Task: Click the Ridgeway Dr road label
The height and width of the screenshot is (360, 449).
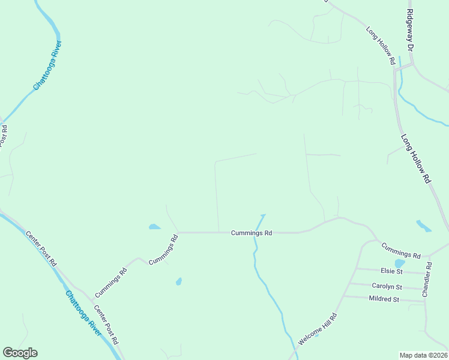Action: pyautogui.click(x=411, y=30)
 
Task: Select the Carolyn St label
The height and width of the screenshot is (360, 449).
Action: pyautogui.click(x=387, y=287)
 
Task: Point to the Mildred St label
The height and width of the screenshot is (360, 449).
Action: pyautogui.click(x=384, y=299)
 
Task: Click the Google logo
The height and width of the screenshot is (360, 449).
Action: pyautogui.click(x=20, y=353)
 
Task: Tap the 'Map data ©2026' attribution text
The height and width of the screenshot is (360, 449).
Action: pyautogui.click(x=424, y=355)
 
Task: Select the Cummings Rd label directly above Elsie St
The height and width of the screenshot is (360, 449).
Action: pyautogui.click(x=401, y=251)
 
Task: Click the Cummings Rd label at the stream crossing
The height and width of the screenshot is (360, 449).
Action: pyautogui.click(x=252, y=233)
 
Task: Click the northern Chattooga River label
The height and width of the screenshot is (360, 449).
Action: pyautogui.click(x=47, y=65)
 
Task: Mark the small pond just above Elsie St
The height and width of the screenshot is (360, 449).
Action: pyautogui.click(x=399, y=263)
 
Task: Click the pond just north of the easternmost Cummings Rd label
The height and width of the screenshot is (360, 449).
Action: pyautogui.click(x=423, y=226)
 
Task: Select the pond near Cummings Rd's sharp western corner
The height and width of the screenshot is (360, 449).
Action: pyautogui.click(x=154, y=227)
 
